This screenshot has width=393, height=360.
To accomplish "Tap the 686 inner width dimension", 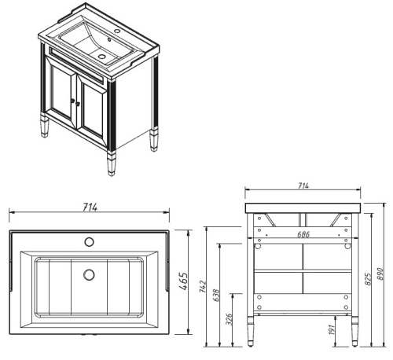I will [x=303, y=234].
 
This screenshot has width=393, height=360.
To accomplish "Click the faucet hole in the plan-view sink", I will [x=89, y=241].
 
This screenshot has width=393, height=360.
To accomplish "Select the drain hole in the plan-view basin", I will [x=89, y=275].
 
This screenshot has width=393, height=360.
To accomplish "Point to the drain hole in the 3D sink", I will [x=101, y=57].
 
